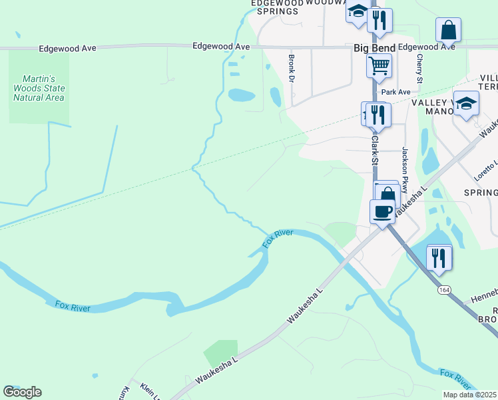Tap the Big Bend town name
coord(374,48)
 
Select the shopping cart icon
coord(378,66)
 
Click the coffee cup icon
coord(382,211)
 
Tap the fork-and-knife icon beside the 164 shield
coord(437,257)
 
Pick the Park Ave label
coord(395,92)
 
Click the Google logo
coord(22,392)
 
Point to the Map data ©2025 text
coord(469,395)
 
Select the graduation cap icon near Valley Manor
coord(466,103)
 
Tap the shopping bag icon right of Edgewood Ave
coord(448,30)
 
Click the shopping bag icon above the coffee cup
coord(387,194)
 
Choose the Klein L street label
coord(148,391)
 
